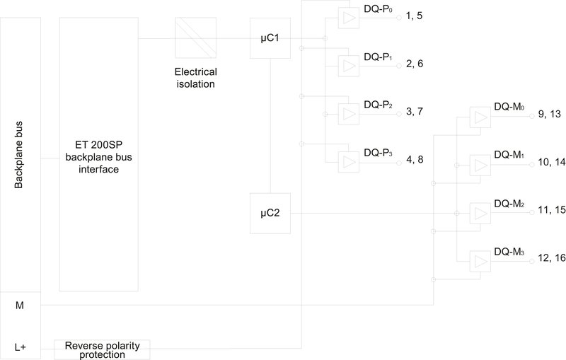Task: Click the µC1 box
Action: (x=270, y=37)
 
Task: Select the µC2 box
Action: (x=270, y=212)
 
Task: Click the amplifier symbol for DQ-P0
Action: (x=348, y=19)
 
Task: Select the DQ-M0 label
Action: (x=509, y=108)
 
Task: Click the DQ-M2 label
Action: (x=509, y=204)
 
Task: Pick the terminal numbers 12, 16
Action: (x=552, y=258)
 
